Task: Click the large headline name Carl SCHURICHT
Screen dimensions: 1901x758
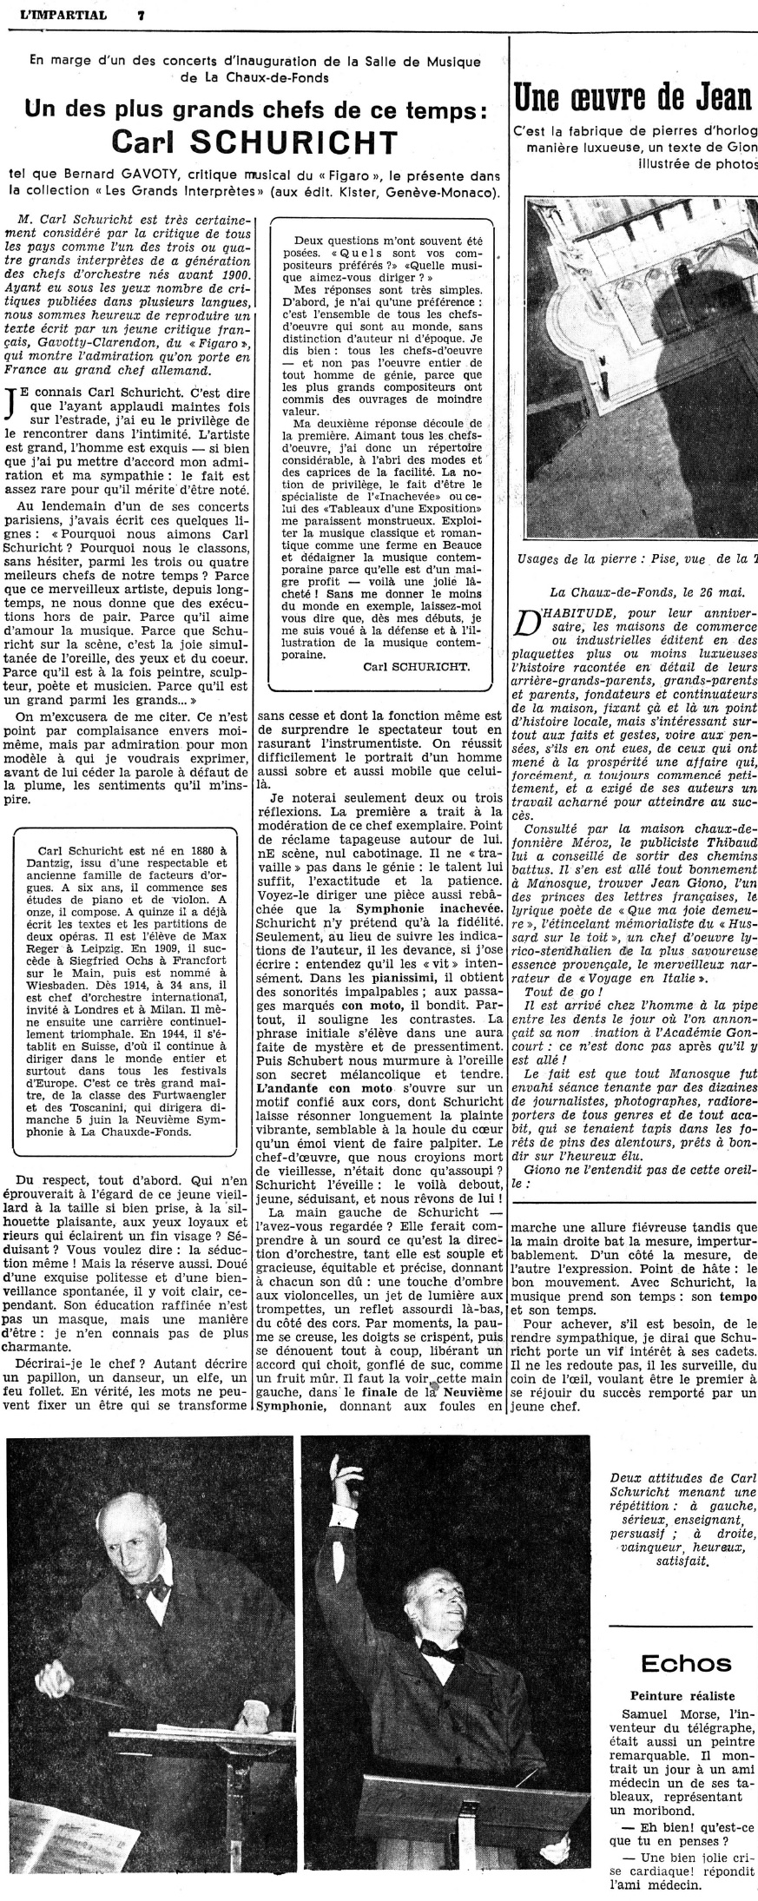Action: [x=254, y=142]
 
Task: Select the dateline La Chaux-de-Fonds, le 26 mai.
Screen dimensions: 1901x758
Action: [x=660, y=591]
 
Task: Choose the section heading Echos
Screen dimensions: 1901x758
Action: [x=685, y=1662]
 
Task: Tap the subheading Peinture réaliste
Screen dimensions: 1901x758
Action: [x=684, y=1696]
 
